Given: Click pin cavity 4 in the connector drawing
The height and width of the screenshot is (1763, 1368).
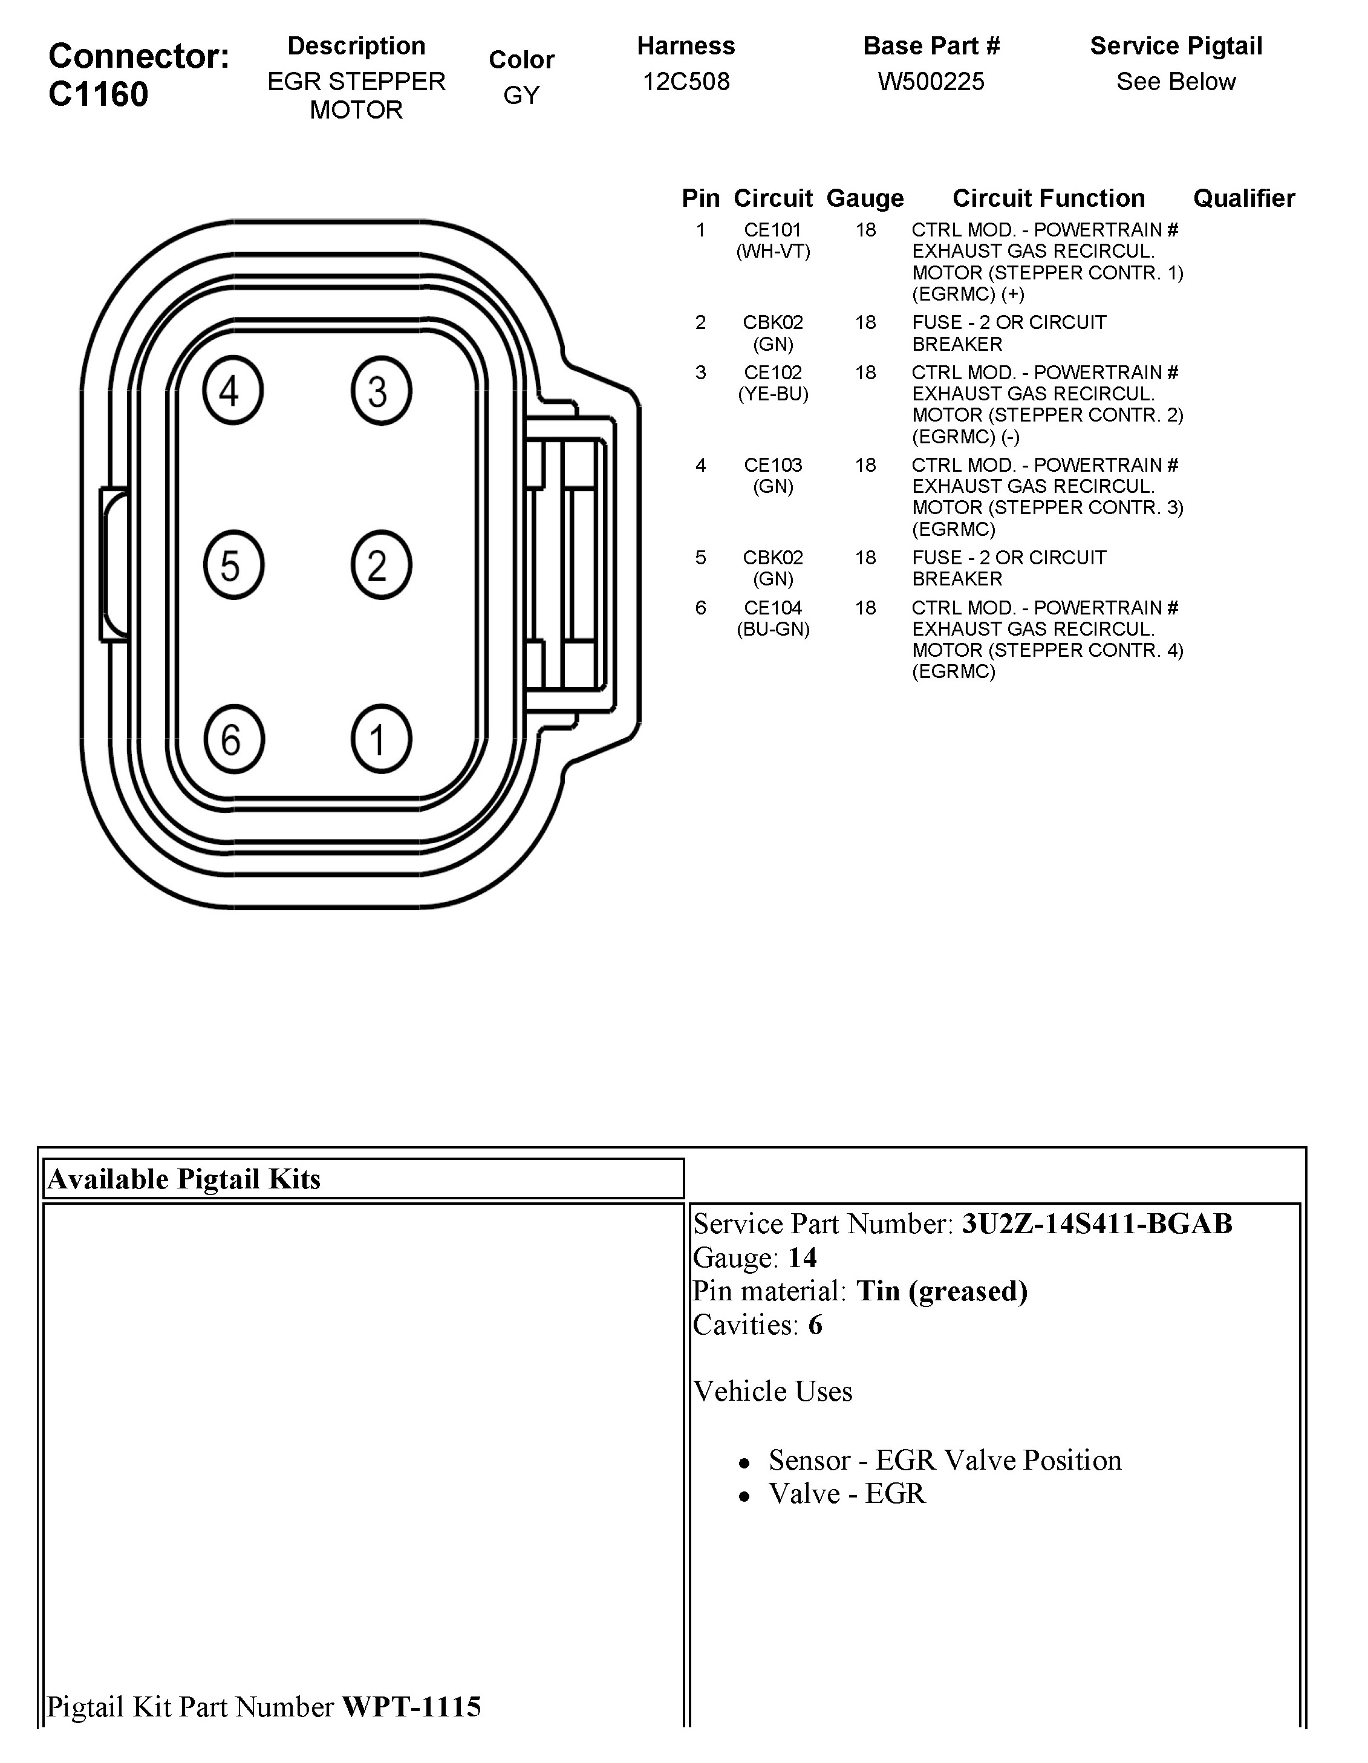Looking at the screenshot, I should pos(232,391).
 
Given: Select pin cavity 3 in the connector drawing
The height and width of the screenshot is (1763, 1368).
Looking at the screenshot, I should pos(381,391).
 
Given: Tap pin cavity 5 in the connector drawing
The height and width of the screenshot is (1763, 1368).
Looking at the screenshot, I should pos(232,565).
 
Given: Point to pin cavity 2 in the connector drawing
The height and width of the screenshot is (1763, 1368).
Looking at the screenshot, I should pos(381,565).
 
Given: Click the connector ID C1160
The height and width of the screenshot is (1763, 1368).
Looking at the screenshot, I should pos(99,94).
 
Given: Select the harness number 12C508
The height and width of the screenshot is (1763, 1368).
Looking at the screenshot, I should pos(685,82).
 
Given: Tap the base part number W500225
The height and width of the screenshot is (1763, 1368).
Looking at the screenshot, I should pos(931,82).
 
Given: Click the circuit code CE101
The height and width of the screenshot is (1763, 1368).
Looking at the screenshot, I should pos(772,230).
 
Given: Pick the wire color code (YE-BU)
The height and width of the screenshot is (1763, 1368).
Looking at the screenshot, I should pos(772,394).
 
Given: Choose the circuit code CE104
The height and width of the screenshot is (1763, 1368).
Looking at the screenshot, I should pos(772,608).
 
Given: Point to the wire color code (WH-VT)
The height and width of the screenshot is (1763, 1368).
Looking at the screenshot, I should pos(772,251).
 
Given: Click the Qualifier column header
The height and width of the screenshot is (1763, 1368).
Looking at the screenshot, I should pos(1243,198).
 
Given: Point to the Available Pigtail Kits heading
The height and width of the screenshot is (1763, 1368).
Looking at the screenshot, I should pos(184,1179).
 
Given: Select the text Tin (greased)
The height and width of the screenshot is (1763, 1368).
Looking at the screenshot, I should pos(941,1291).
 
